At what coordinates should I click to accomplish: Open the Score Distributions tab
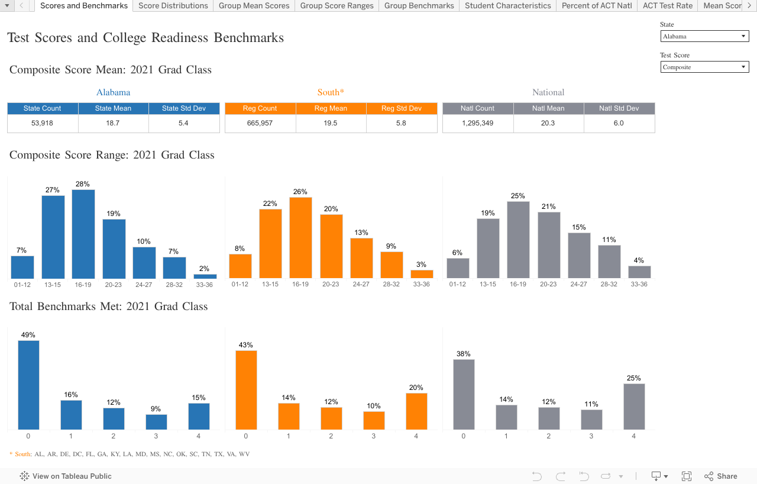[x=173, y=6]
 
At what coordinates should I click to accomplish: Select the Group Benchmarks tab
[x=419, y=6]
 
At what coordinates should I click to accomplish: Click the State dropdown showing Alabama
[x=704, y=37]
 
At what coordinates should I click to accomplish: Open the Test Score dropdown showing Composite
[x=704, y=67]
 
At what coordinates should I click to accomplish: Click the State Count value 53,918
[x=43, y=124]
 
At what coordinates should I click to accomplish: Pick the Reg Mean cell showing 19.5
[x=331, y=124]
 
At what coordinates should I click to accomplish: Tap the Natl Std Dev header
[x=619, y=108]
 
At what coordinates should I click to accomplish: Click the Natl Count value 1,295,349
[x=477, y=124]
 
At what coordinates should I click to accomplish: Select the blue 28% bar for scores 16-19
[x=83, y=234]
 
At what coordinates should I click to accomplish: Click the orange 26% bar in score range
[x=300, y=238]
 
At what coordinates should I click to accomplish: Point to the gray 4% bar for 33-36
[x=639, y=272]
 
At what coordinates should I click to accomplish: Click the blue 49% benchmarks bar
[x=28, y=385]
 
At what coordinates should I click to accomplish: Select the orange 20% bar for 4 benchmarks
[x=416, y=411]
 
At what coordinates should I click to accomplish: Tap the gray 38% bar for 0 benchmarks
[x=464, y=394]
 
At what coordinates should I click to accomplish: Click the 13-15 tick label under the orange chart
[x=270, y=285]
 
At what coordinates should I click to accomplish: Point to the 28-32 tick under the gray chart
[x=609, y=285]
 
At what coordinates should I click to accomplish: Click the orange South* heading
[x=331, y=92]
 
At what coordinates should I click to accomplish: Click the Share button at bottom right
[x=721, y=476]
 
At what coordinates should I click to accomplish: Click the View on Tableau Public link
[x=66, y=476]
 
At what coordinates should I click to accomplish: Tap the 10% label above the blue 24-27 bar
[x=144, y=241]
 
